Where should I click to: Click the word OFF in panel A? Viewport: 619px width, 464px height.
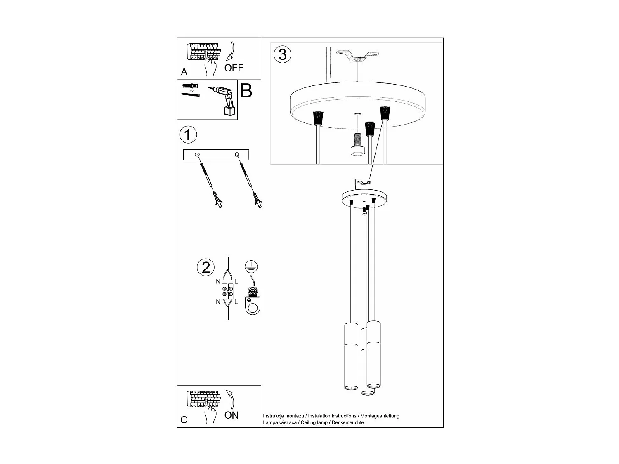pos(234,68)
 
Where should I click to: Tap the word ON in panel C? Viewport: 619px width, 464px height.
pos(232,415)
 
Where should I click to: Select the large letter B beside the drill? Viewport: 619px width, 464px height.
pos(246,91)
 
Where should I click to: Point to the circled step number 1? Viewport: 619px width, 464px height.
pos(188,135)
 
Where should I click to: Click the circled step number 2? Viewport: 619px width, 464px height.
pos(206,267)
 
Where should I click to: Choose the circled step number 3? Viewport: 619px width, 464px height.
pos(283,54)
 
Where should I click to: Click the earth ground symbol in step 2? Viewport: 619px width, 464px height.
pos(250,267)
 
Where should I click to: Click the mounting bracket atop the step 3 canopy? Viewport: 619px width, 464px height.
pos(357,56)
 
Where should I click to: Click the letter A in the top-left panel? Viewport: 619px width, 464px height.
pos(184,72)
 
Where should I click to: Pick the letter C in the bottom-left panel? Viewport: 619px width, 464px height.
pos(184,420)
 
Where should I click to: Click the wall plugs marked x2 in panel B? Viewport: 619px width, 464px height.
pos(189,86)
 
